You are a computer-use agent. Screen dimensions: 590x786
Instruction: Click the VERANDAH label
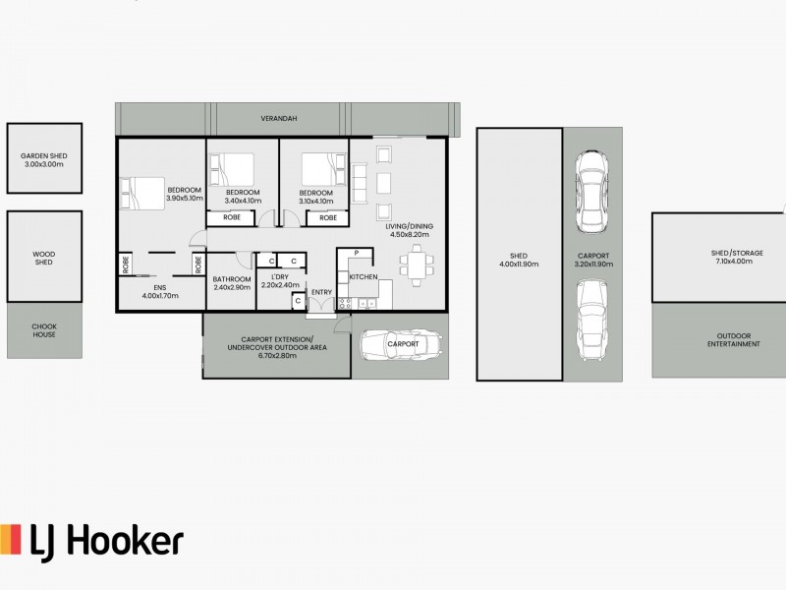pyautogui.click(x=279, y=118)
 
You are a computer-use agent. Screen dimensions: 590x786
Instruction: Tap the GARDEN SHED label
pyautogui.click(x=43, y=160)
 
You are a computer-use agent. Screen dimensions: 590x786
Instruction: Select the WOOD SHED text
pyautogui.click(x=43, y=258)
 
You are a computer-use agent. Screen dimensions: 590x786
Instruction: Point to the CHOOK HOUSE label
pyautogui.click(x=43, y=330)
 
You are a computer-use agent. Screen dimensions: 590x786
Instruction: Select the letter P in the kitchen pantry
pyautogui.click(x=357, y=254)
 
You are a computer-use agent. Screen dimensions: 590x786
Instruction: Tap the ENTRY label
pyautogui.click(x=321, y=292)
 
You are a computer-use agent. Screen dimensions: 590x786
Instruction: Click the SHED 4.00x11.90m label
pyautogui.click(x=520, y=260)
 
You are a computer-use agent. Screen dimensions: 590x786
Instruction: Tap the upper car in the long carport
pyautogui.click(x=590, y=192)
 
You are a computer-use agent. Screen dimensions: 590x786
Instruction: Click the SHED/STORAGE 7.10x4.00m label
pyautogui.click(x=716, y=258)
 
